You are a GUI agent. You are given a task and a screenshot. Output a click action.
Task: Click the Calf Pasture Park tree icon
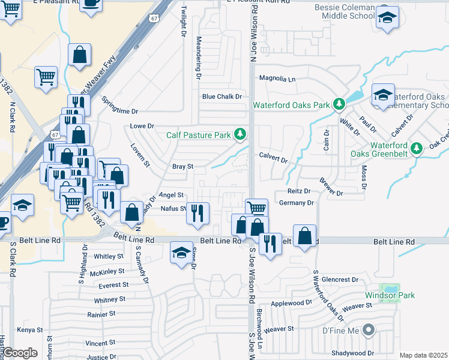pyautogui.click(x=240, y=134)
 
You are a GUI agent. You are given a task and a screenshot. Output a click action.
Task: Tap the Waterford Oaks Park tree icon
pyautogui.click(x=339, y=105)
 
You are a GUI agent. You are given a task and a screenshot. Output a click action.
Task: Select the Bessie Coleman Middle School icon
pyautogui.click(x=387, y=17)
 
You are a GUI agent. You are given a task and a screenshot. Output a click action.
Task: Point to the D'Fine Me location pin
pyautogui.click(x=369, y=329)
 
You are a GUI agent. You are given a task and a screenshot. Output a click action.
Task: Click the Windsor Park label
pyautogui.click(x=390, y=296)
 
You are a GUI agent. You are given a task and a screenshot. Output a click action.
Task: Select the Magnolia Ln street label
pyautogui.click(x=277, y=79)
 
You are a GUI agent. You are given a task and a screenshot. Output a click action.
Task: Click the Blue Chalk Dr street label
pyautogui.click(x=221, y=97)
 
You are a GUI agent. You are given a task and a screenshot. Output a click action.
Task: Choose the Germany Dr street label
pyautogui.click(x=297, y=203)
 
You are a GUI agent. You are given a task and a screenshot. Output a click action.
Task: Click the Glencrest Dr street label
pyautogui.click(x=340, y=280)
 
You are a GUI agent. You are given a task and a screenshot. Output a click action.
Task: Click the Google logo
pyautogui.click(x=20, y=353)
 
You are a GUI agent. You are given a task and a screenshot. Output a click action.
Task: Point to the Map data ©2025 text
pyautogui.click(x=423, y=355)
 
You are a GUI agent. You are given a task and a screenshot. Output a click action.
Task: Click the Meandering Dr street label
pyautogui.click(x=198, y=58)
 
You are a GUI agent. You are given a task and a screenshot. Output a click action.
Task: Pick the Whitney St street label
pyautogui.click(x=110, y=299)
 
